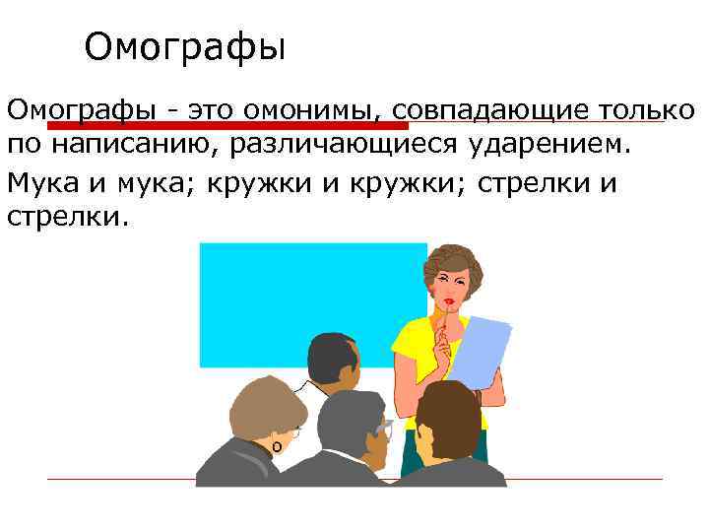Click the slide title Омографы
184,46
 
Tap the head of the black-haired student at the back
335,360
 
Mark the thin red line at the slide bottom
591,480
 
